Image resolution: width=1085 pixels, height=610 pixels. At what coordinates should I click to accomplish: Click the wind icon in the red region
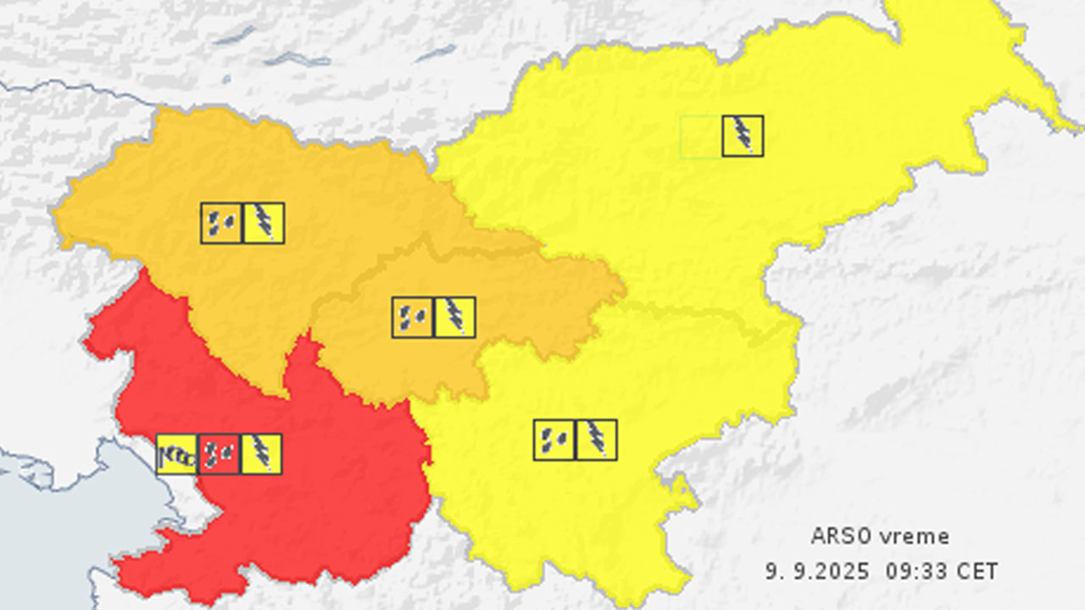(x=177, y=454)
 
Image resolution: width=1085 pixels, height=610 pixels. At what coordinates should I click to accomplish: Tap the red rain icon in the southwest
(x=220, y=454)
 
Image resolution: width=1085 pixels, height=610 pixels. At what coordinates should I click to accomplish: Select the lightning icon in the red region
(x=262, y=454)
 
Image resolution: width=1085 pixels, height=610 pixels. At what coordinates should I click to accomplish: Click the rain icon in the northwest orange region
(x=222, y=223)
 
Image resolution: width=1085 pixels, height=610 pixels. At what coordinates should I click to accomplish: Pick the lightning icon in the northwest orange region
(x=264, y=223)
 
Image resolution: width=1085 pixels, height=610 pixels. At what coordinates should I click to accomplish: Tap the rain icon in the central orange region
(x=413, y=317)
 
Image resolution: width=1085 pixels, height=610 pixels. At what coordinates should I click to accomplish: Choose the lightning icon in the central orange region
(x=455, y=317)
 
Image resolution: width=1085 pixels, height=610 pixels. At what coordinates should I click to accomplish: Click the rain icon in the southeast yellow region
(x=554, y=440)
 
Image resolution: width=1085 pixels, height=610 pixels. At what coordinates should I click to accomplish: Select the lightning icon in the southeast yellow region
(x=597, y=440)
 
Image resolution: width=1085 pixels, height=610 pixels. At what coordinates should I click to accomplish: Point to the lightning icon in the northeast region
(x=743, y=136)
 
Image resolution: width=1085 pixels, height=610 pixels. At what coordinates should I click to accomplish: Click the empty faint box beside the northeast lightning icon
(x=701, y=136)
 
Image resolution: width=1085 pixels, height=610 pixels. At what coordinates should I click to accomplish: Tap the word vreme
(x=914, y=536)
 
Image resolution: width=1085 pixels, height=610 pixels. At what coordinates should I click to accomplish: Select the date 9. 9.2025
(x=817, y=571)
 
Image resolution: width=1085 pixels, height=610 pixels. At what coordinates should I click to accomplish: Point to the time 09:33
(x=914, y=571)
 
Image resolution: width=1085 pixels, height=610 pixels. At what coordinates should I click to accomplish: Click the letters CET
(x=977, y=571)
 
